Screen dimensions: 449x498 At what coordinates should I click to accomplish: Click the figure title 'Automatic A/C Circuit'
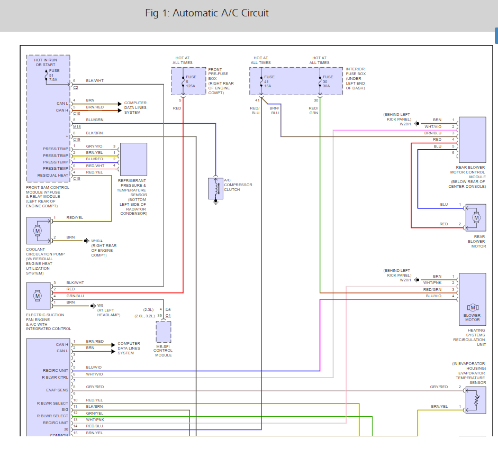tap(207, 13)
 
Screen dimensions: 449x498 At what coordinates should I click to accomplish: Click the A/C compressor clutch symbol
tap(216, 187)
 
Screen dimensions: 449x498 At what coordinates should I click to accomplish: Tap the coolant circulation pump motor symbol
tap(38, 230)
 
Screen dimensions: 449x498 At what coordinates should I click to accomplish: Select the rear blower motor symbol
tap(476, 217)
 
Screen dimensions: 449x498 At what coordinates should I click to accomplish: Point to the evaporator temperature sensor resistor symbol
tap(476, 400)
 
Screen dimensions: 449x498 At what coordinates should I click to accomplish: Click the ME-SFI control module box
tap(164, 332)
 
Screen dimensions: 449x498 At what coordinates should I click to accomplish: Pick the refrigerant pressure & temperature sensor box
tap(134, 159)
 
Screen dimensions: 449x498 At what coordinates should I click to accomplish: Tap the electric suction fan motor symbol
tap(38, 296)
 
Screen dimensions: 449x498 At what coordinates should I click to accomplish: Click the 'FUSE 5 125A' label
tap(191, 81)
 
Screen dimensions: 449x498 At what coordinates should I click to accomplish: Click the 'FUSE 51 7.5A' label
tap(54, 75)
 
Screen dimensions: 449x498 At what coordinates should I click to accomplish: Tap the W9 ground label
tap(100, 305)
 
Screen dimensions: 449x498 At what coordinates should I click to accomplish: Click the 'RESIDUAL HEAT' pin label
tap(53, 176)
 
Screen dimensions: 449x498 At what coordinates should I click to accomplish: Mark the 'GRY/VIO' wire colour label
tap(94, 146)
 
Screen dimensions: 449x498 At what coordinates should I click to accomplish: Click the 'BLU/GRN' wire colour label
tap(94, 120)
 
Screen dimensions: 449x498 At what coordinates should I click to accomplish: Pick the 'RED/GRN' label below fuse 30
tap(314, 110)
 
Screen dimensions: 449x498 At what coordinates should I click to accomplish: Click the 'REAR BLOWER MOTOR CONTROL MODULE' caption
tap(467, 172)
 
